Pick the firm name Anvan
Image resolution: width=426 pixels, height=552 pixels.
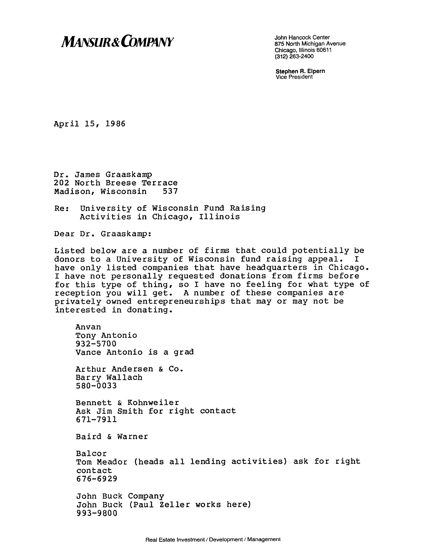click(x=88, y=327)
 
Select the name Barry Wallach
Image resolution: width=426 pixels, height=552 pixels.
click(x=109, y=378)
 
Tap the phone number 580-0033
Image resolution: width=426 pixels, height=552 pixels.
click(x=96, y=386)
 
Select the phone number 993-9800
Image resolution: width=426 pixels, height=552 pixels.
click(x=97, y=513)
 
